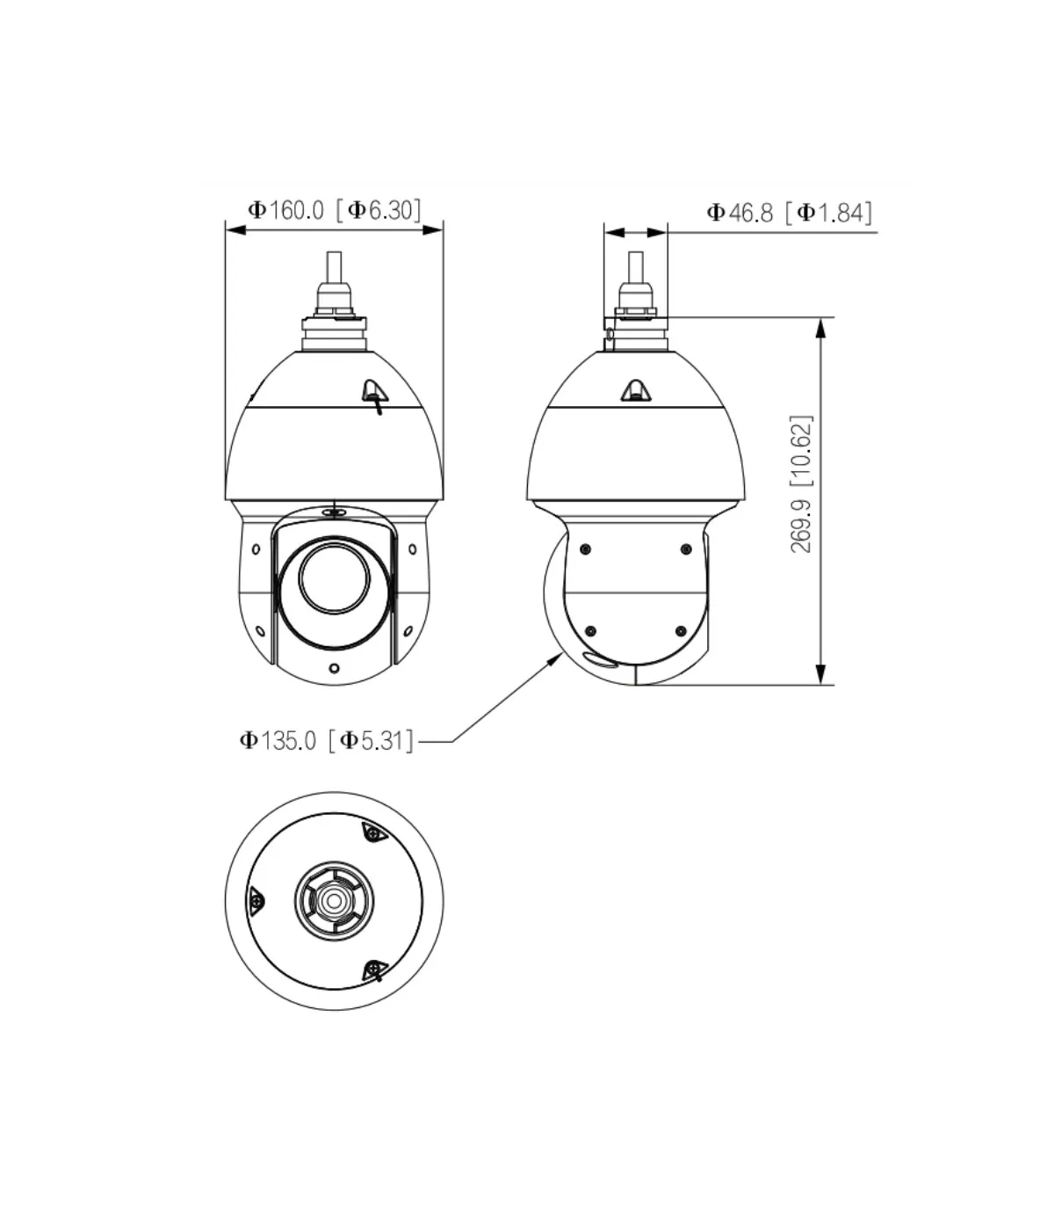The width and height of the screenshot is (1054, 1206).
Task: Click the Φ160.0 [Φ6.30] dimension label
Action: [x=335, y=210]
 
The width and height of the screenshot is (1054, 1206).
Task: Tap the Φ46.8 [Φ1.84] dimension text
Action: [x=789, y=213]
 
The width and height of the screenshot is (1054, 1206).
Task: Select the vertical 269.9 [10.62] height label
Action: [x=801, y=484]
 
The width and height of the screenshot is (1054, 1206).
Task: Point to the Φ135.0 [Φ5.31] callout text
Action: [x=326, y=740]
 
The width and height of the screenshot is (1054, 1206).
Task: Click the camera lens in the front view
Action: [x=335, y=576]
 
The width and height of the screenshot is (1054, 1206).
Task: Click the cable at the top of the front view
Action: [x=334, y=268]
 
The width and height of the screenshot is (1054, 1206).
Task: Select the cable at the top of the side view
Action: [x=635, y=268]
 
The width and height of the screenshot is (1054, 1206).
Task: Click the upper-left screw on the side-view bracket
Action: [x=585, y=549]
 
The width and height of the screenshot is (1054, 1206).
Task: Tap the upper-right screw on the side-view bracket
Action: [x=686, y=549]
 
